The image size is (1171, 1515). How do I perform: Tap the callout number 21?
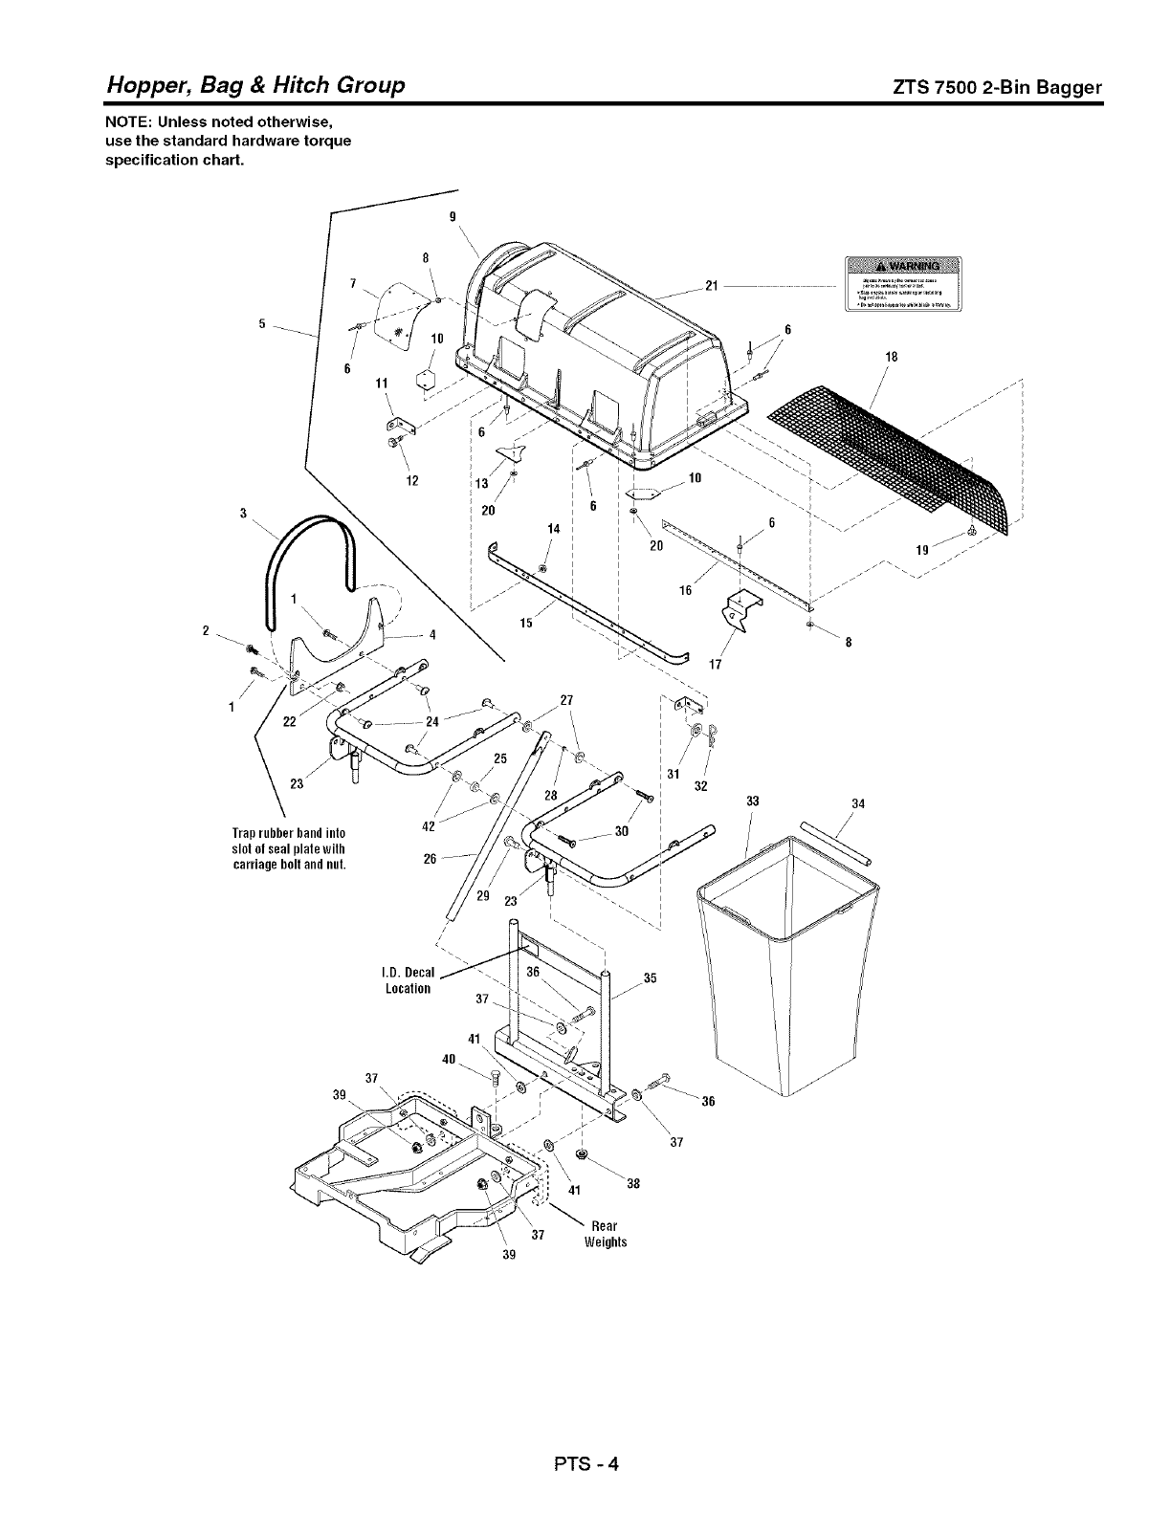pyautogui.click(x=711, y=285)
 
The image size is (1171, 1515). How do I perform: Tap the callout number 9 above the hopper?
pyautogui.click(x=453, y=215)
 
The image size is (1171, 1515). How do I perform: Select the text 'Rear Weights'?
pyautogui.click(x=605, y=1234)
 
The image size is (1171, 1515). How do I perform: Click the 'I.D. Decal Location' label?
pyautogui.click(x=407, y=980)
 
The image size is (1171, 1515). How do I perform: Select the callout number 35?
pyautogui.click(x=651, y=977)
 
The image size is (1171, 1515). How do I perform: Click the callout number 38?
pyautogui.click(x=632, y=1183)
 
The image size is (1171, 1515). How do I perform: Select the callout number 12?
pyautogui.click(x=411, y=479)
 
